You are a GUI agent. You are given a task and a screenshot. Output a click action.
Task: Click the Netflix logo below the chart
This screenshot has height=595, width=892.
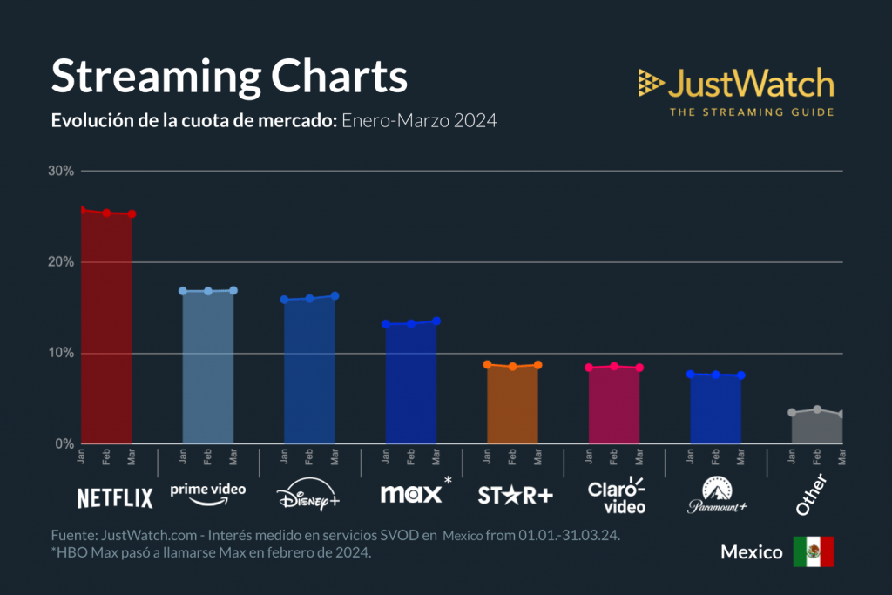(115, 498)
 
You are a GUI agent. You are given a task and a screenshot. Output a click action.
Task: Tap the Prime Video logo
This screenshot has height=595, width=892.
(207, 493)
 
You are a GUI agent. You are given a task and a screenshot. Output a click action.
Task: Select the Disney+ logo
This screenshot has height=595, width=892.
(308, 498)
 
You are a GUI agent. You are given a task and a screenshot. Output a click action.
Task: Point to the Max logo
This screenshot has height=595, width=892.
(410, 494)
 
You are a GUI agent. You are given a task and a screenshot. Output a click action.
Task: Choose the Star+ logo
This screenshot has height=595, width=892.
(515, 496)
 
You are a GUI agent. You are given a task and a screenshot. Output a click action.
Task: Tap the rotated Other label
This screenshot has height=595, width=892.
(811, 494)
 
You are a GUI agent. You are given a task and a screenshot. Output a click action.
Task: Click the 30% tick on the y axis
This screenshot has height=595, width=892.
(61, 171)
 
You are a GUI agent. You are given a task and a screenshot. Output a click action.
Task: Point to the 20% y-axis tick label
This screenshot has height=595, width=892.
(61, 262)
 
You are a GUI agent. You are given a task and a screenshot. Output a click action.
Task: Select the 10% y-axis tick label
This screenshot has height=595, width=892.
(61, 353)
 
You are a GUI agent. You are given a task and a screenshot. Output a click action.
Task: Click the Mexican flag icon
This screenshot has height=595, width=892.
(813, 552)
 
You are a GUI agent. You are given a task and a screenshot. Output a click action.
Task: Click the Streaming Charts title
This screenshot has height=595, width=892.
(229, 77)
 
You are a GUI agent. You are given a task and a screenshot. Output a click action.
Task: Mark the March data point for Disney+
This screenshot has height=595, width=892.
(334, 296)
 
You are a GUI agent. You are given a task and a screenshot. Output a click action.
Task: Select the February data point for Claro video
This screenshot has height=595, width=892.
(614, 366)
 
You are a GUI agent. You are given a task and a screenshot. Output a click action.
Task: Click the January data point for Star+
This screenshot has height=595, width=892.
(488, 364)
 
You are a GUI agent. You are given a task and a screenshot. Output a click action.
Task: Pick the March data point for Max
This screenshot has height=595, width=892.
(436, 321)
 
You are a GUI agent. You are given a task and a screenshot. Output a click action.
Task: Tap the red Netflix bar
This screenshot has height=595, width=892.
(106, 331)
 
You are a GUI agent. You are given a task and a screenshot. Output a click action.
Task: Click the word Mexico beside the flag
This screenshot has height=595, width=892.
(751, 553)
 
